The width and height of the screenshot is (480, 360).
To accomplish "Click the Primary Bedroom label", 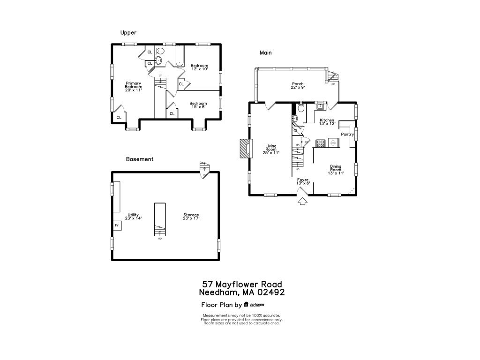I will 133,87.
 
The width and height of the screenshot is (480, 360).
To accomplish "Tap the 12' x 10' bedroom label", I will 199,67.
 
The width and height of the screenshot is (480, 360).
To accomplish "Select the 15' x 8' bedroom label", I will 198,105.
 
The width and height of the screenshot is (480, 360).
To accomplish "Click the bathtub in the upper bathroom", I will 180,56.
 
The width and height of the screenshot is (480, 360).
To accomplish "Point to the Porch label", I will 298,86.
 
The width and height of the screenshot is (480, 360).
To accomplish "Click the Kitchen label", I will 326,122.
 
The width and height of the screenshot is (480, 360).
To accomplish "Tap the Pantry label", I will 347,135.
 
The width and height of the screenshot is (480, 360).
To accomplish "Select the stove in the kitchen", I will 321,143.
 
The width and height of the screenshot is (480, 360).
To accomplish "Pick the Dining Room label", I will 336,169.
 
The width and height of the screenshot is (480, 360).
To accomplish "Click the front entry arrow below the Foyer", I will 302,202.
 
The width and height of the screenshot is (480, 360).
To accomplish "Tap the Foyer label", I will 303,181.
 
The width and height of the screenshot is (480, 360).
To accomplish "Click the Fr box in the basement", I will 117,226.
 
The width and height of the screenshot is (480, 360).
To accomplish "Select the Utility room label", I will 133,217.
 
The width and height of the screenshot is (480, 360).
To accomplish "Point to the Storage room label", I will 191,217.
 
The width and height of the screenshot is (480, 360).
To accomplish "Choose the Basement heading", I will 140,159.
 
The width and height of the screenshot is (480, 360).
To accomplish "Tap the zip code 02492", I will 269,292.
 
